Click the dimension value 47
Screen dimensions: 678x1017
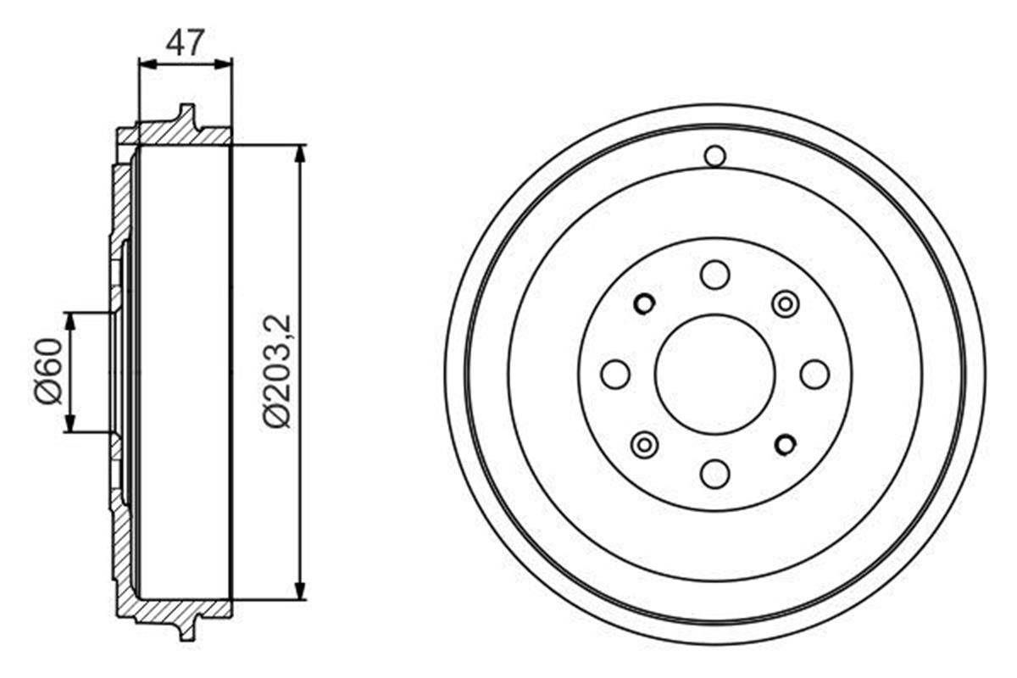click(185, 42)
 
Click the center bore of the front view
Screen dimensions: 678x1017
click(715, 374)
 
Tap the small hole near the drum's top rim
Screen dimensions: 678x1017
click(715, 156)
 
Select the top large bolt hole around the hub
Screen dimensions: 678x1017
click(715, 275)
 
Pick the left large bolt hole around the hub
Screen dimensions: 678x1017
click(615, 374)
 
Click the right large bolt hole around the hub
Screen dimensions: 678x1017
click(814, 374)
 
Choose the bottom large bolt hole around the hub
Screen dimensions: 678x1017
click(715, 473)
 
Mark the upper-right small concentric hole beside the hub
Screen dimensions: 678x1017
click(786, 303)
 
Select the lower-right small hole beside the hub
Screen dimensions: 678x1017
click(786, 443)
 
